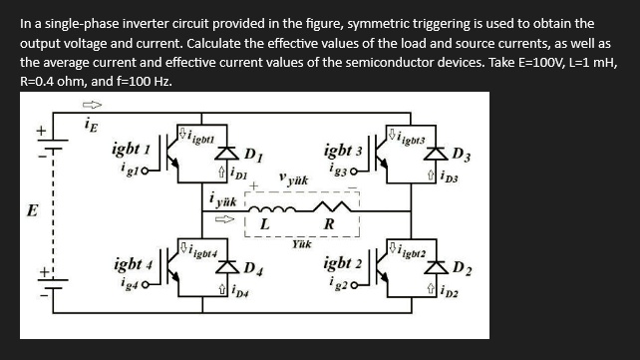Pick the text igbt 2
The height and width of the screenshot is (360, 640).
pyautogui.click(x=344, y=265)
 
